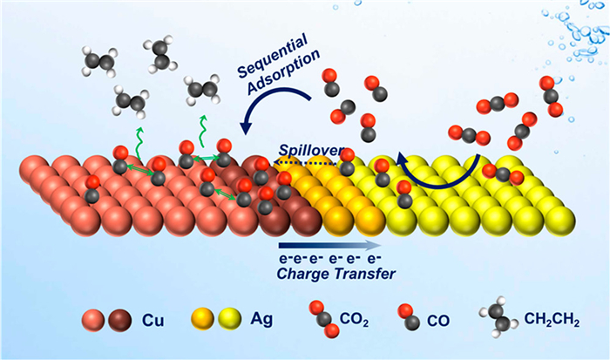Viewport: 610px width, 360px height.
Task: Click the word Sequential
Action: [x=273, y=55]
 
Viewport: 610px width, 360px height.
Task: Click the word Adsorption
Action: [x=284, y=71]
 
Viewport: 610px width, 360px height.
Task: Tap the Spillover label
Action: [x=312, y=151]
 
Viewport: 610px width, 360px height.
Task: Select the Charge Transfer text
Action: [x=336, y=274]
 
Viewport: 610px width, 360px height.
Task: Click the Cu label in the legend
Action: [x=152, y=320]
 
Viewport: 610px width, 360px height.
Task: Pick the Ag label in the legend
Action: [x=261, y=319]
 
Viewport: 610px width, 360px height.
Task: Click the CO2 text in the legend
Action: [x=354, y=320]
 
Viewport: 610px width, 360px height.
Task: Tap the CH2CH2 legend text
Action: [x=552, y=320]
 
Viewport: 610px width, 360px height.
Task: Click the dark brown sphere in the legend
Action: [x=120, y=320]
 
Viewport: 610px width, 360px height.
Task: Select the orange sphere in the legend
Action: [x=203, y=319]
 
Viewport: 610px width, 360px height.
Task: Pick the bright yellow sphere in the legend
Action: [x=230, y=319]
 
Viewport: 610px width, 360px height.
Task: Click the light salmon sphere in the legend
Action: [x=93, y=320]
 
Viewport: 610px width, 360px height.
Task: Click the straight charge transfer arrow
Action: [x=330, y=245]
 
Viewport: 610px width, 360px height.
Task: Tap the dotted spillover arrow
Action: [x=305, y=162]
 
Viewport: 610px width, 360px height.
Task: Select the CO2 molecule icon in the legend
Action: [x=324, y=319]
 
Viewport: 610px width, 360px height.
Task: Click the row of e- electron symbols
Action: [x=330, y=258]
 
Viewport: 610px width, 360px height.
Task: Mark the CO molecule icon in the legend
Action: [x=409, y=317]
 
